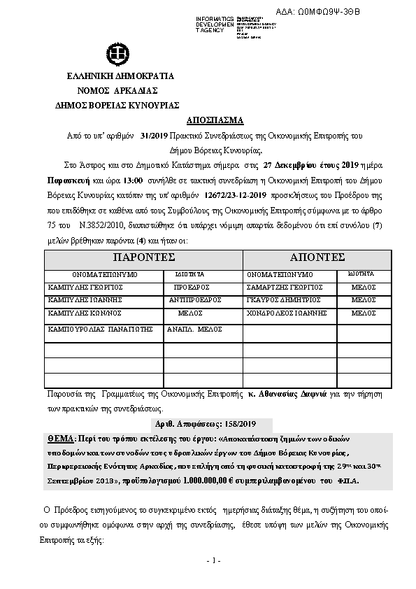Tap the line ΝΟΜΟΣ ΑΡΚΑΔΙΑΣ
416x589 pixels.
pyautogui.click(x=117, y=90)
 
